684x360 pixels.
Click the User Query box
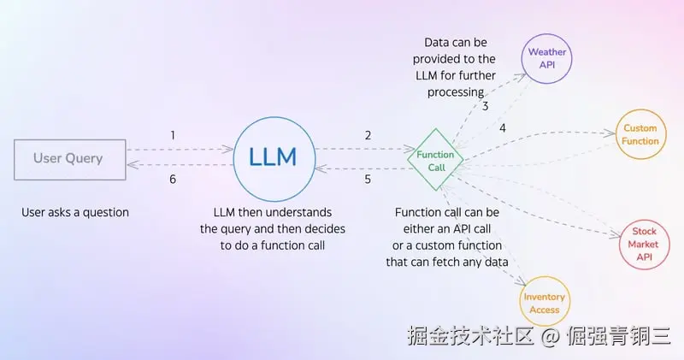point(68,158)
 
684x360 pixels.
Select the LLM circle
point(273,157)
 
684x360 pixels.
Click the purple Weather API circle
point(546,58)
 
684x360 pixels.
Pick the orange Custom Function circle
point(640,134)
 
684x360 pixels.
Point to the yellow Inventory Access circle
point(545,304)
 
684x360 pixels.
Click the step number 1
point(173,135)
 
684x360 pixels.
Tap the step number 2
point(368,135)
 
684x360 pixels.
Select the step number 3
point(485,106)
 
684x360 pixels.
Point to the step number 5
point(368,180)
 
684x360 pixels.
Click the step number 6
point(173,180)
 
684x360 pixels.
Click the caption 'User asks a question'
point(75,212)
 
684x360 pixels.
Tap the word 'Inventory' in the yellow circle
point(545,297)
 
